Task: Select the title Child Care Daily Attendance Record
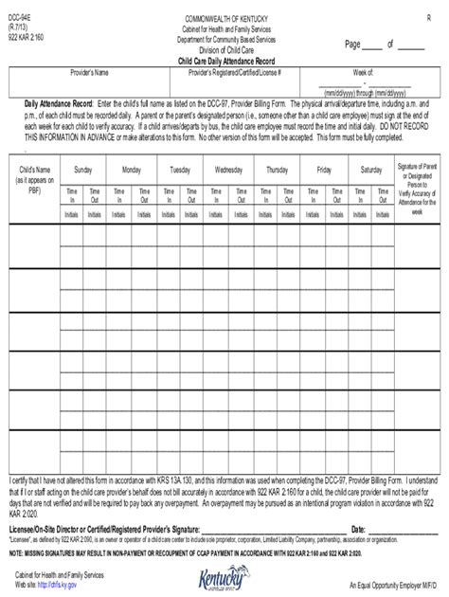point(225,62)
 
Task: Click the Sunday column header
point(82,170)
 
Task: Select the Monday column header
point(131,170)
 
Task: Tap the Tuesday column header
point(179,170)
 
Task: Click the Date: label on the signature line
point(358,527)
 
